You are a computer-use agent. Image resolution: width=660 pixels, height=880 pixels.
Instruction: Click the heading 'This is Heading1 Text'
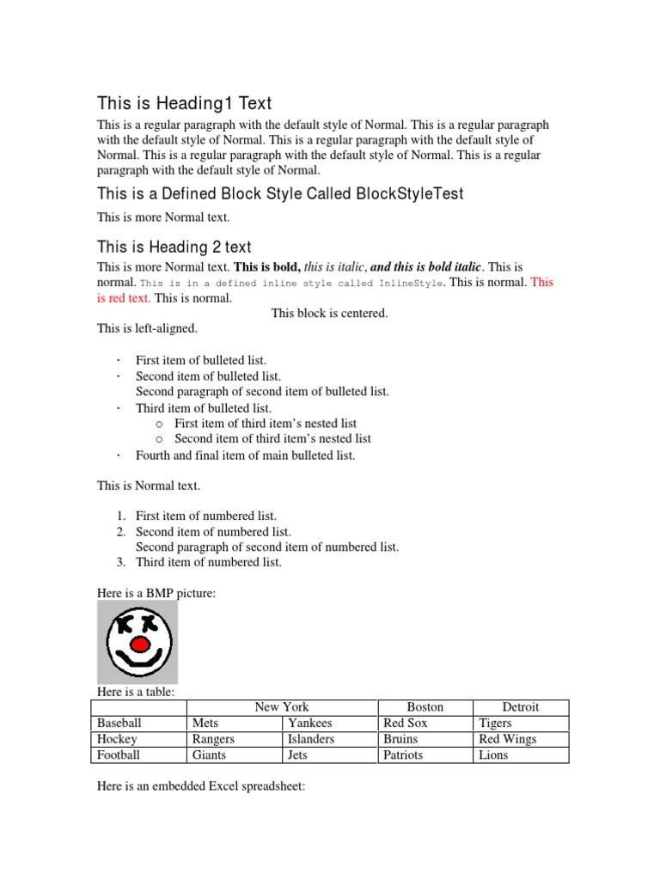(x=185, y=104)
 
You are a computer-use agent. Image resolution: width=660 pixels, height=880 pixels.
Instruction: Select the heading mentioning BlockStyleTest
(x=280, y=194)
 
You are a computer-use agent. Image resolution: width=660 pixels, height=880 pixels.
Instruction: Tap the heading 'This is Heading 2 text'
(x=174, y=247)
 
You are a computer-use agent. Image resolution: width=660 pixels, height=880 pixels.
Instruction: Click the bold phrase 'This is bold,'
(x=267, y=267)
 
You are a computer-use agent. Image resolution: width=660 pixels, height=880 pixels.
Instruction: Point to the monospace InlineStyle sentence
(x=292, y=283)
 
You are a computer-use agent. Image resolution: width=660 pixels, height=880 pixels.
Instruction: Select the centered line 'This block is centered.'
(x=329, y=313)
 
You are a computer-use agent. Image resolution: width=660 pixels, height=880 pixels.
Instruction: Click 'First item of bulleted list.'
(x=201, y=360)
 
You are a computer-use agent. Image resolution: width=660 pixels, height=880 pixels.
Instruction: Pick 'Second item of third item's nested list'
(x=272, y=438)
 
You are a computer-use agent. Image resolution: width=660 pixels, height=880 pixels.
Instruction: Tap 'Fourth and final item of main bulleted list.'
(x=245, y=455)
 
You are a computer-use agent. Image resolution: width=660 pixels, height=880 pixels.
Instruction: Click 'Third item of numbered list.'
(x=209, y=562)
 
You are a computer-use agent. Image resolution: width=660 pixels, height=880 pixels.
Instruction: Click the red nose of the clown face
(x=138, y=643)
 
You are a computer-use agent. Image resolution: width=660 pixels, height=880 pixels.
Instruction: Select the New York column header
(x=282, y=706)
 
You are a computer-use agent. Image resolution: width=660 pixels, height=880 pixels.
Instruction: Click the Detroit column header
(x=521, y=706)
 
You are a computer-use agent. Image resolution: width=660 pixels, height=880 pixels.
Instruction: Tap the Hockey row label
(x=118, y=739)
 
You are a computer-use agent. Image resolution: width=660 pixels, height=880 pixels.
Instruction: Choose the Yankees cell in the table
(x=310, y=723)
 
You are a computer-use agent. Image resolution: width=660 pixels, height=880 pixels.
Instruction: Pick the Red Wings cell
(x=508, y=739)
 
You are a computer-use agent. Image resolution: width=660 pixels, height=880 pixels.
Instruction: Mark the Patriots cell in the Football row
(x=403, y=755)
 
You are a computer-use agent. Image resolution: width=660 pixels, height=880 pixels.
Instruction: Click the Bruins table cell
(x=400, y=739)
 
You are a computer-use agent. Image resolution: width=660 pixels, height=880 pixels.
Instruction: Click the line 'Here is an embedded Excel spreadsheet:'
(x=201, y=786)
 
